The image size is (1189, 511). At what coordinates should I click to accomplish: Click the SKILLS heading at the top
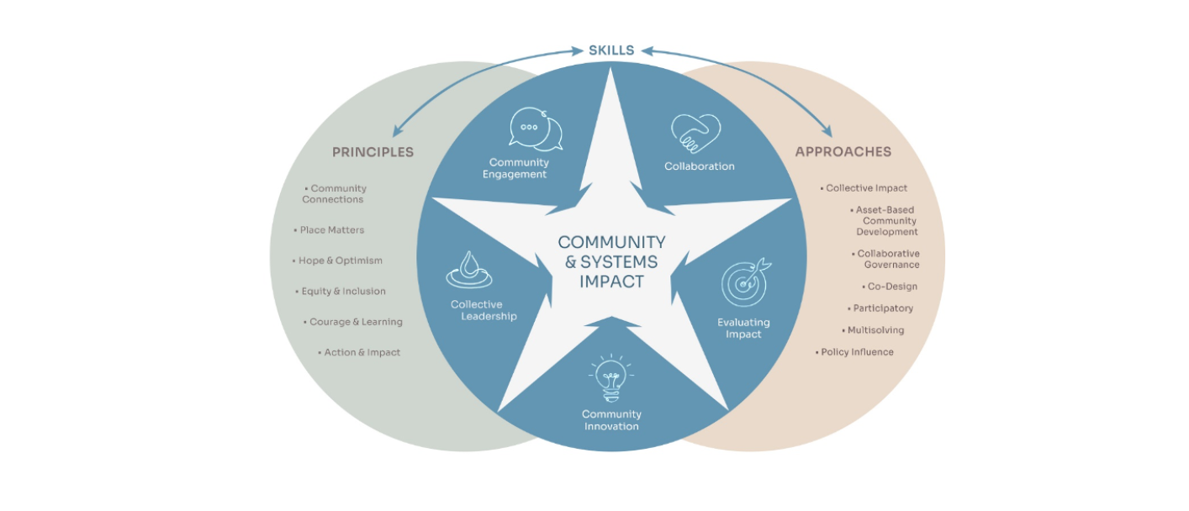[610, 50]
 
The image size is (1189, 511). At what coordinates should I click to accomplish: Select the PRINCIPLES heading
[373, 152]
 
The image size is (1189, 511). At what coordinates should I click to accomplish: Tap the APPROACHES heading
[843, 152]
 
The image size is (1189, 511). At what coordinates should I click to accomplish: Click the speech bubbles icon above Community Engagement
[535, 130]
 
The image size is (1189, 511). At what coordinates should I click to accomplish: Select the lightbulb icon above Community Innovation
[611, 378]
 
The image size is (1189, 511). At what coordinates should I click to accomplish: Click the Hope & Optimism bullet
[340, 261]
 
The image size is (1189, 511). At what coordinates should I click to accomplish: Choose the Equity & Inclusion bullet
[343, 292]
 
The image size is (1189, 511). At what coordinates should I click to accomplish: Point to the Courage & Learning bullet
[355, 322]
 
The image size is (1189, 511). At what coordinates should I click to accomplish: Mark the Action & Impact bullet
[362, 353]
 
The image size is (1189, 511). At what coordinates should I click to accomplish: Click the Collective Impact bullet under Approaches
[865, 188]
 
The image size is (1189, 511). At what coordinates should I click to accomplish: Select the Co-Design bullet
[891, 287]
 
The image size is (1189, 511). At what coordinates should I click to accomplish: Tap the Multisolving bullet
[875, 330]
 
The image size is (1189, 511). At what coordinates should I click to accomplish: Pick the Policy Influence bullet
[856, 352]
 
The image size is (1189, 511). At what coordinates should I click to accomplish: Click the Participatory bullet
[882, 308]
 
